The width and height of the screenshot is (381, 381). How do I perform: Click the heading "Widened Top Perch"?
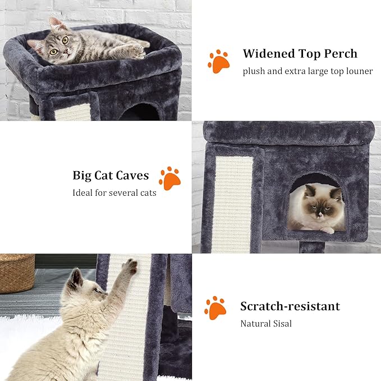[x=300, y=54]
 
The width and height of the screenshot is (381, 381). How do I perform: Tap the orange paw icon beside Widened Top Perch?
[x=218, y=61]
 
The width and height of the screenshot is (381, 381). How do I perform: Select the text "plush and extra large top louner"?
[x=307, y=71]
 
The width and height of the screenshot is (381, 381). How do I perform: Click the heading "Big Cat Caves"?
[x=111, y=175]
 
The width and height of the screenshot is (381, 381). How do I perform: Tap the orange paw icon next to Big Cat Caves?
[x=169, y=178]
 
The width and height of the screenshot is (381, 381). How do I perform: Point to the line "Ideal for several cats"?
[x=114, y=192]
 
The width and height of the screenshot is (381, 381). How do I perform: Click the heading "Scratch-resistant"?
[x=290, y=306]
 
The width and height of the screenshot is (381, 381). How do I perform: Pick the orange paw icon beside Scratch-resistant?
[x=215, y=308]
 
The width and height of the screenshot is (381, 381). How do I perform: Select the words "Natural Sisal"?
[x=266, y=323]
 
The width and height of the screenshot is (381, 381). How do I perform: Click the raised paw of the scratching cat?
[x=131, y=266]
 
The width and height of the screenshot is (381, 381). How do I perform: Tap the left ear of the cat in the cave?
[x=308, y=190]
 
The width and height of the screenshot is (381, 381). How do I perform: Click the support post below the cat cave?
[x=311, y=247]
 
